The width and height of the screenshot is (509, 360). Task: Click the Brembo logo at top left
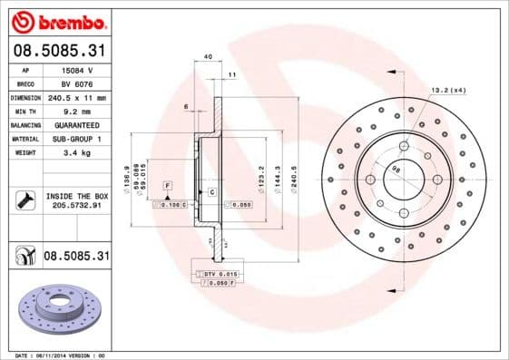(x=57, y=20)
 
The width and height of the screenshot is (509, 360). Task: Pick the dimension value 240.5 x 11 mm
(x=78, y=97)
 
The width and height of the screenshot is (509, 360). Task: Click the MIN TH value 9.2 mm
(x=76, y=111)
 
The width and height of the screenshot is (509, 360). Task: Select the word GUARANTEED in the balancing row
(x=76, y=124)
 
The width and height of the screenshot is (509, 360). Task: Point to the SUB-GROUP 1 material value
(x=76, y=139)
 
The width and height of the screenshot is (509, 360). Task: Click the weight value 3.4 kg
(x=76, y=152)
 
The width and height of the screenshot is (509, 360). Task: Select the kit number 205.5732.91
(x=76, y=205)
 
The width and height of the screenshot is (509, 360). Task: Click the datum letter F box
(x=168, y=185)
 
